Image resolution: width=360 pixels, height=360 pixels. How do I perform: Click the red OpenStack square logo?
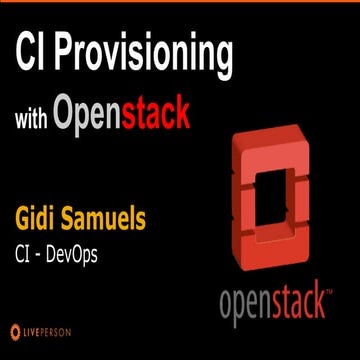tap(269, 190)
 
